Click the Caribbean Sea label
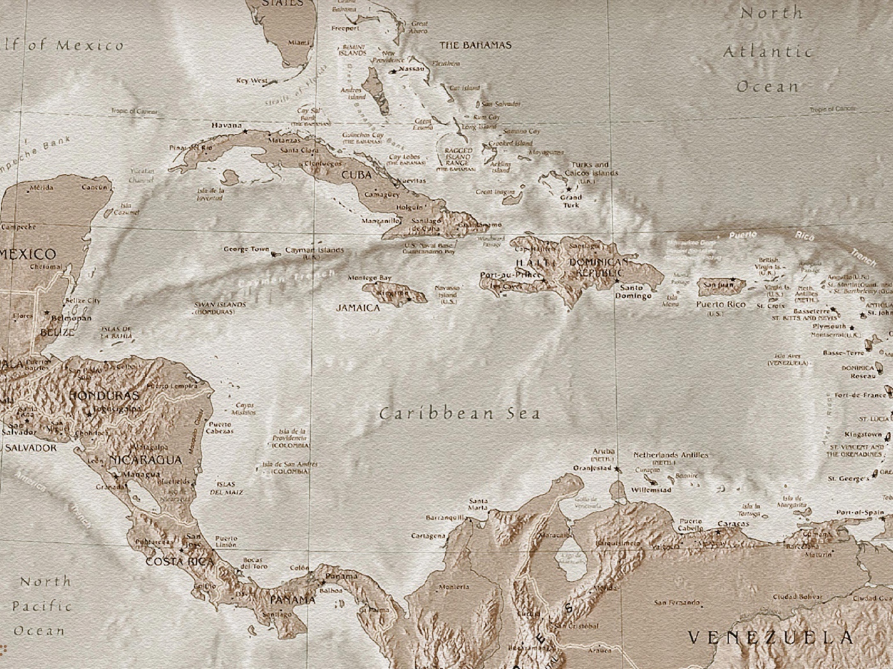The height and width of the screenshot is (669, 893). point(459,414)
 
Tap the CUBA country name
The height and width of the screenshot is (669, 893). point(357,175)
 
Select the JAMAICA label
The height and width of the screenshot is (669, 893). point(358,308)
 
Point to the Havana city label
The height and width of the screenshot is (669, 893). point(226,125)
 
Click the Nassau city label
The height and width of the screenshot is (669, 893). point(411,69)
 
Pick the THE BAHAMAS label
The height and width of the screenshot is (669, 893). point(475,45)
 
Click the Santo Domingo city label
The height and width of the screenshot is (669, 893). point(633,292)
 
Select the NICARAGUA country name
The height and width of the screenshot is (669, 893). point(145,459)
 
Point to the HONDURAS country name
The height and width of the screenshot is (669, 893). point(103,395)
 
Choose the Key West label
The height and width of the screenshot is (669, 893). point(251,81)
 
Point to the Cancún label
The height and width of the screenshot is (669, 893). point(94,187)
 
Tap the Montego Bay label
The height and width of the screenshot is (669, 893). point(369,278)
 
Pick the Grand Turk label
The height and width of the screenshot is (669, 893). point(571,201)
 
